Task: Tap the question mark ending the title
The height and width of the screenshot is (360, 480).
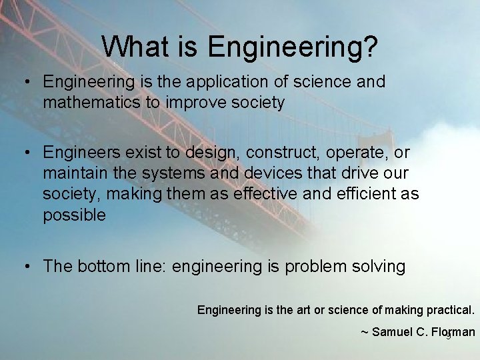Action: tap(371, 47)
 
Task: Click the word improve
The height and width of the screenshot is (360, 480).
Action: tap(196, 103)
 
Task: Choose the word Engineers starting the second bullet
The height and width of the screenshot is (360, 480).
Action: tap(79, 153)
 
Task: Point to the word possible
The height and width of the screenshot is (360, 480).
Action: tap(74, 215)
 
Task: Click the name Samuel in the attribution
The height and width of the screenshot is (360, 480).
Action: tap(393, 332)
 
